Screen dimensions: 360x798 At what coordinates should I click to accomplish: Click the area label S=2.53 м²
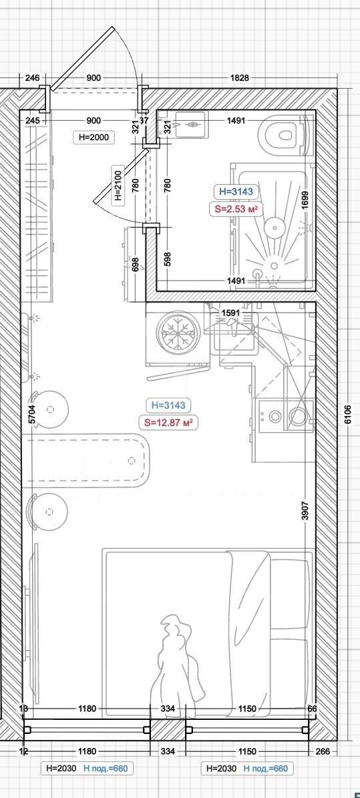[236, 208]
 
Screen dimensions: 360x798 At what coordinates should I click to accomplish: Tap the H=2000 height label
[93, 136]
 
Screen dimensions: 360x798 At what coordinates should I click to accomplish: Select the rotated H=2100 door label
[118, 184]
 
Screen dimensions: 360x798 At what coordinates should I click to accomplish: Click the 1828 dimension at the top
[239, 78]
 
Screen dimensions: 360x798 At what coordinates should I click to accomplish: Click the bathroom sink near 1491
[191, 124]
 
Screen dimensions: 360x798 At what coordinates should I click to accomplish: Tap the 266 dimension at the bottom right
[323, 751]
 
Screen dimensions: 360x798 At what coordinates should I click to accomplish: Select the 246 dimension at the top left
[32, 78]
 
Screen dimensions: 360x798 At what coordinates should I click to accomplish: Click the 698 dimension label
[135, 264]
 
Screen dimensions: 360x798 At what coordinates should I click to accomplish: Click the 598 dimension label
[168, 259]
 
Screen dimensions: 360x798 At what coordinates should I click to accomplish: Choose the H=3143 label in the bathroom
[236, 192]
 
